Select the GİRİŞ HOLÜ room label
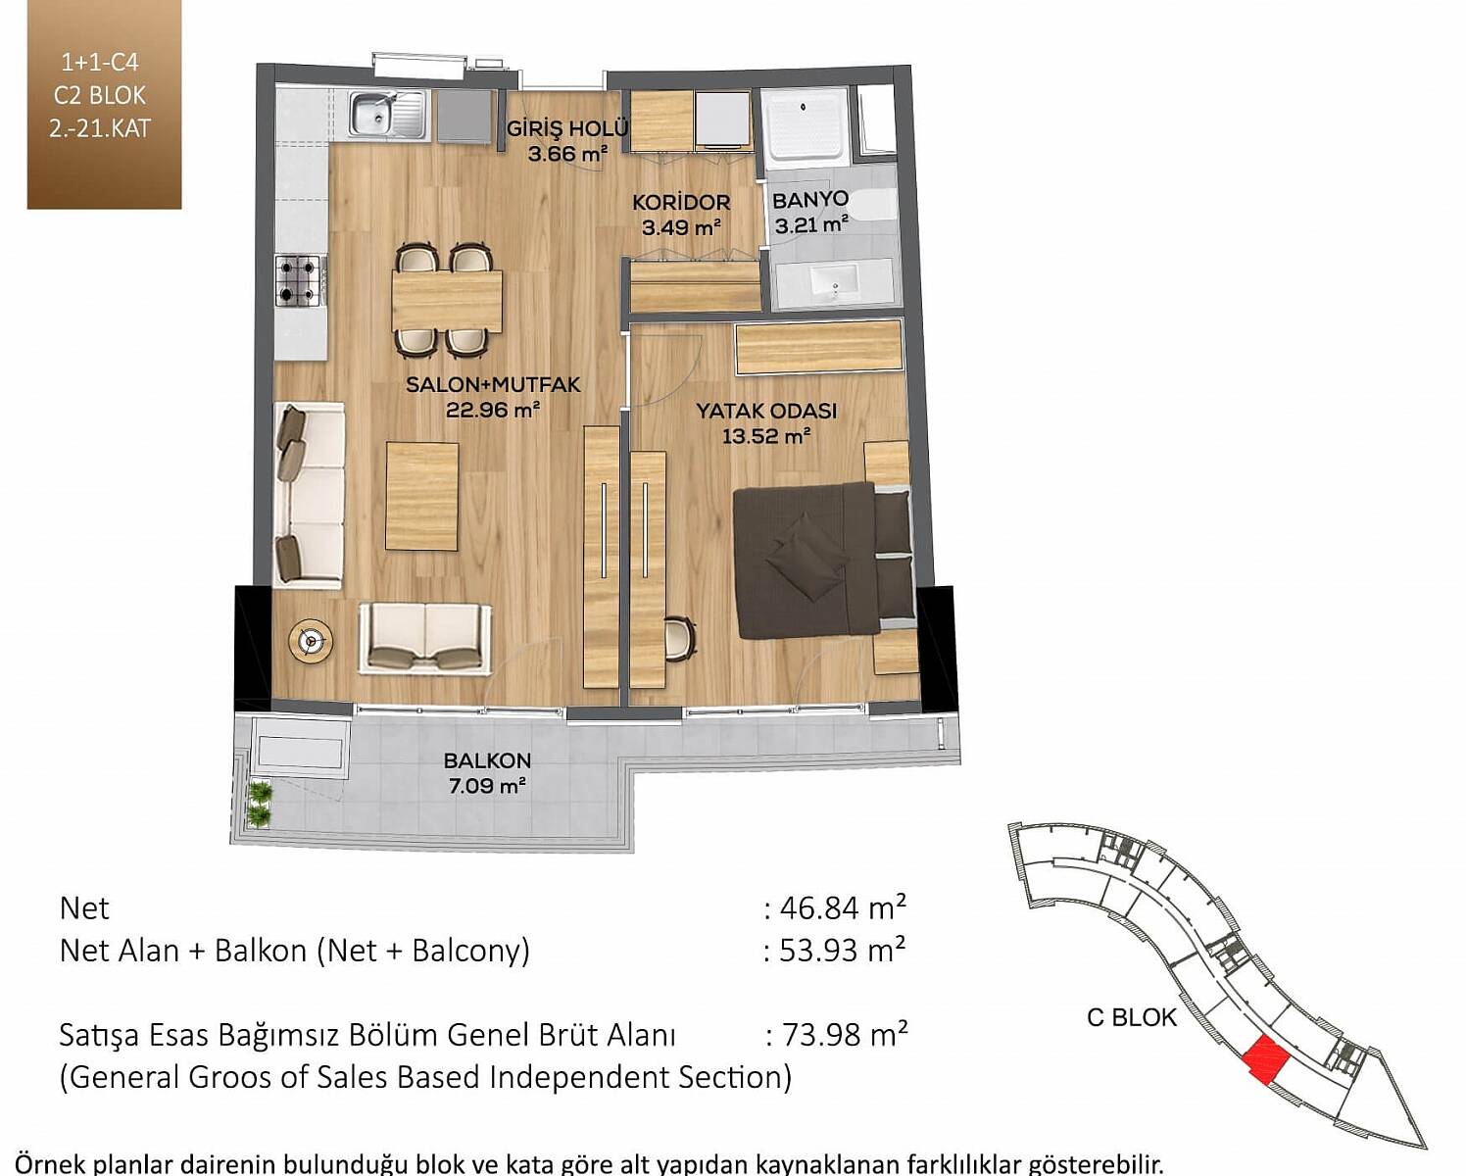pos(567,127)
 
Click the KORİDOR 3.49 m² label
pos(680,215)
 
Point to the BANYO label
pos(810,200)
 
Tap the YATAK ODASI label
pos(766,411)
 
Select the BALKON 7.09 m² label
pos(487,773)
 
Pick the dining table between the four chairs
pos(448,301)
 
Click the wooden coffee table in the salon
pos(421,496)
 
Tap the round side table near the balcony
pos(311,640)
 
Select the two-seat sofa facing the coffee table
pos(425,638)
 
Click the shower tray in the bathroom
pos(806,128)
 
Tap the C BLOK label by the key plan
pos(1132,1018)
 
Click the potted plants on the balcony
pos(260,804)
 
